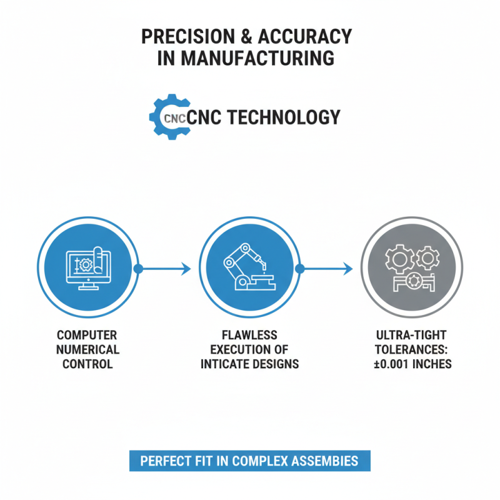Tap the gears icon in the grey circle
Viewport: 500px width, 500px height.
411,268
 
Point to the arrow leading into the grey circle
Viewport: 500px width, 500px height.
326,269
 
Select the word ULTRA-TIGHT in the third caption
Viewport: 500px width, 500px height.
411,335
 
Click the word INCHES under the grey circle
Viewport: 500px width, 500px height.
431,364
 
